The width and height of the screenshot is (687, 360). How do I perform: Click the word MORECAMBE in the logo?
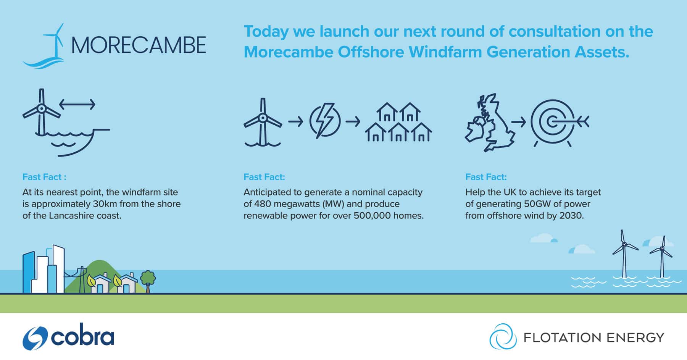pos(139,45)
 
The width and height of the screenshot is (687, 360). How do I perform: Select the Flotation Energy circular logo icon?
pos(503,336)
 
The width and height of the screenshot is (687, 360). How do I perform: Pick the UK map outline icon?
pos(490,123)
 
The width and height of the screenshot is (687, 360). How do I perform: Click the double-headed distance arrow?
pos(77,104)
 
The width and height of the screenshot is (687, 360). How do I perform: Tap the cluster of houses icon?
pos(398,122)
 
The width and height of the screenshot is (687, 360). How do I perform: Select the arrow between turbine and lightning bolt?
pos(295,122)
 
